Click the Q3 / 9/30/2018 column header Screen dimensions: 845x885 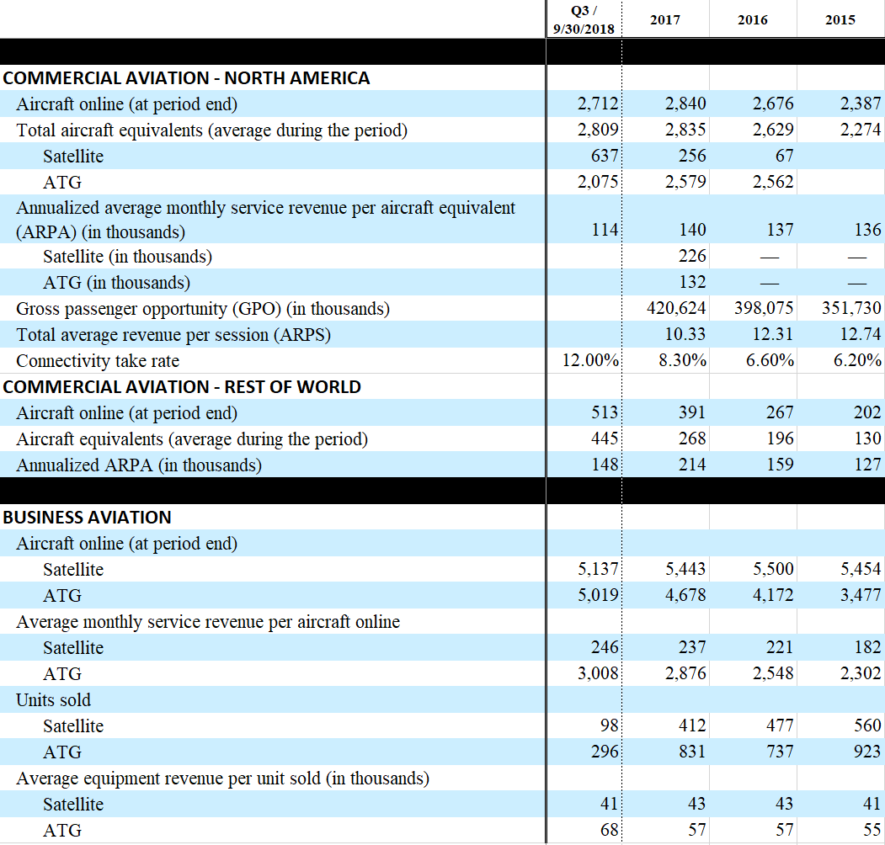584,19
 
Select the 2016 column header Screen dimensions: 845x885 752,20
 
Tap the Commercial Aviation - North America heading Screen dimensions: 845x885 186,78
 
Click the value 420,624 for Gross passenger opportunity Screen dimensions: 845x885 676,309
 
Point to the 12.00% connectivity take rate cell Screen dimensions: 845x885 591,361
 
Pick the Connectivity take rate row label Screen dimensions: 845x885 98,361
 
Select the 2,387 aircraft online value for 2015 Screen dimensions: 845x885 860,104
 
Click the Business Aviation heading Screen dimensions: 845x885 88,518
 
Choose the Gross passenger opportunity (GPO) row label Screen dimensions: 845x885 203,309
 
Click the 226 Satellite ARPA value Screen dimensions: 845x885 692,256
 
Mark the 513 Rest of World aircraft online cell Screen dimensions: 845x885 605,413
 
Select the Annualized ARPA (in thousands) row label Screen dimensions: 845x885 139,465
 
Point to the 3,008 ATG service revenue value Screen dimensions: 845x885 598,674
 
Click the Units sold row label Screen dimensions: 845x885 54,700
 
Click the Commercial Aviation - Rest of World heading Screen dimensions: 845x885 182,387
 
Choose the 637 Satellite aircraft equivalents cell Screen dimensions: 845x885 605,157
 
